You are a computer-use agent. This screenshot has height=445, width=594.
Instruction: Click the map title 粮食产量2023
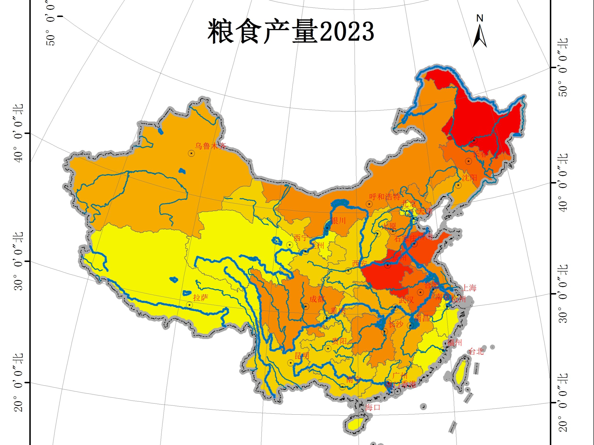point(291,32)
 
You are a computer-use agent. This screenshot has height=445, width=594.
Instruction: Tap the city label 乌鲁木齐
point(211,146)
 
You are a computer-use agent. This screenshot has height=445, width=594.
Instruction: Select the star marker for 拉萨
point(190,305)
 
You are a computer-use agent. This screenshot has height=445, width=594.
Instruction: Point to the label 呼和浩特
point(385,197)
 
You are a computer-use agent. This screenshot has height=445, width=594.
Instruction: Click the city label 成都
point(317,299)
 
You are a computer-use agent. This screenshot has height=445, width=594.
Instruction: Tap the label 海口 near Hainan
point(373,407)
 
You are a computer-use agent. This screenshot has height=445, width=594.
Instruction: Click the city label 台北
point(476,351)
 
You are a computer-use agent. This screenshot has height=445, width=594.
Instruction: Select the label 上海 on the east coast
point(469,288)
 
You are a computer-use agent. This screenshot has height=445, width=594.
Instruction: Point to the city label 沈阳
point(469,178)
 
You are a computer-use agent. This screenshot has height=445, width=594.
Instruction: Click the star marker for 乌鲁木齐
point(191,153)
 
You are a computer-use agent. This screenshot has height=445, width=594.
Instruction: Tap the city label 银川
point(338,221)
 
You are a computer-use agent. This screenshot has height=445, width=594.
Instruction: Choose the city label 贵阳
point(339,341)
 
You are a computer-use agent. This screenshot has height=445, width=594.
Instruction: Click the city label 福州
point(454,343)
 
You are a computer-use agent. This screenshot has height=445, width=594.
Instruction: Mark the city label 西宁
point(301,238)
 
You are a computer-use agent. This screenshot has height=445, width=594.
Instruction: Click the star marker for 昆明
point(291,363)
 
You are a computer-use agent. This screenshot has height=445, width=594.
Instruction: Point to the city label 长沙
point(396,324)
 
